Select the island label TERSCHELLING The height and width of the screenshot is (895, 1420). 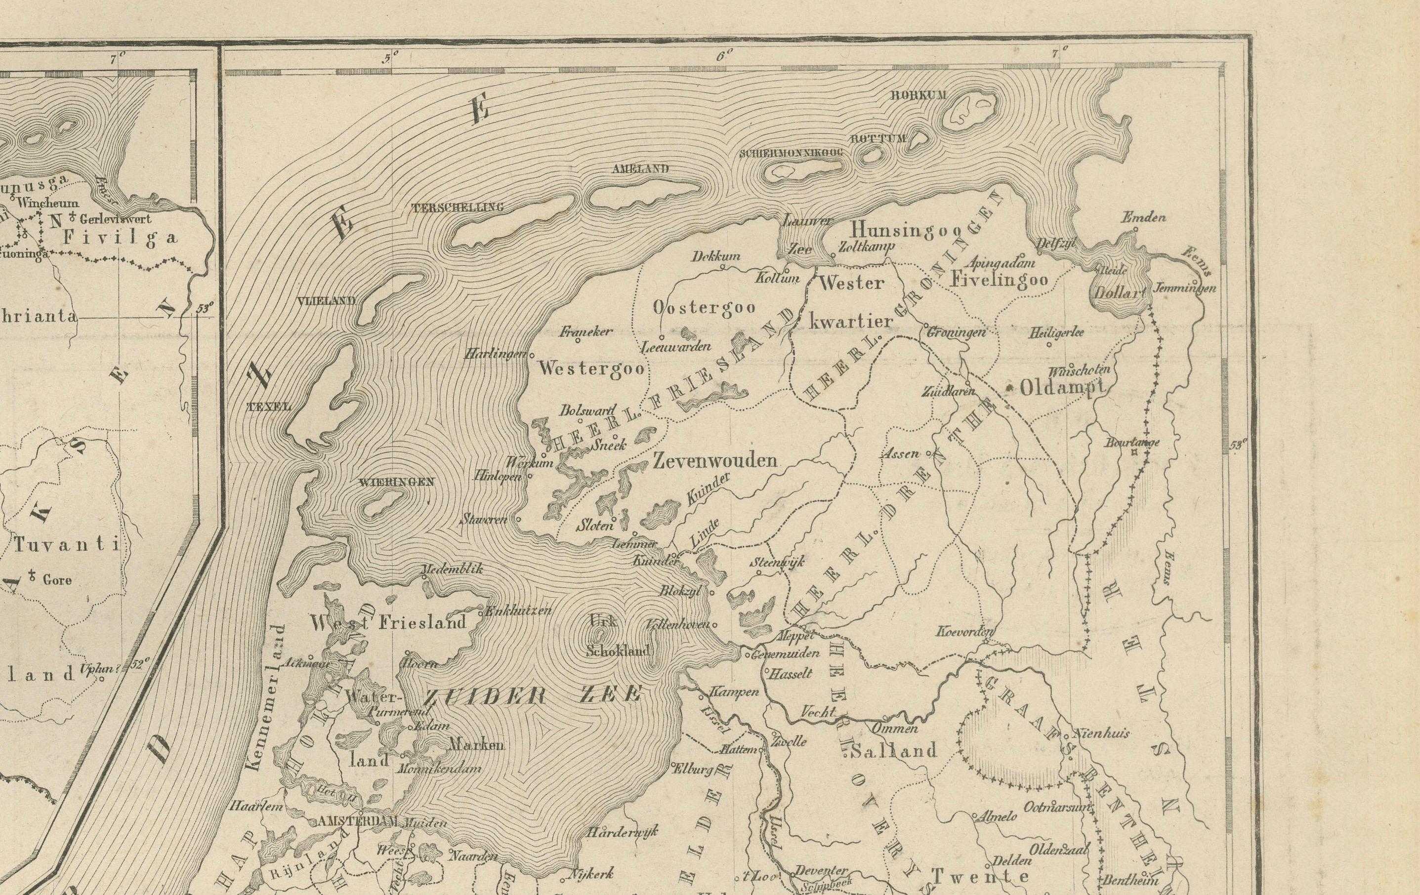(458, 207)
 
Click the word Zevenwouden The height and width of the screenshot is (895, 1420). (715, 460)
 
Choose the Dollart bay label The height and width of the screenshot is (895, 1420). (1118, 292)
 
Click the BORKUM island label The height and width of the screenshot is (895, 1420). (910, 95)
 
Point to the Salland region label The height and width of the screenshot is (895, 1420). (893, 751)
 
